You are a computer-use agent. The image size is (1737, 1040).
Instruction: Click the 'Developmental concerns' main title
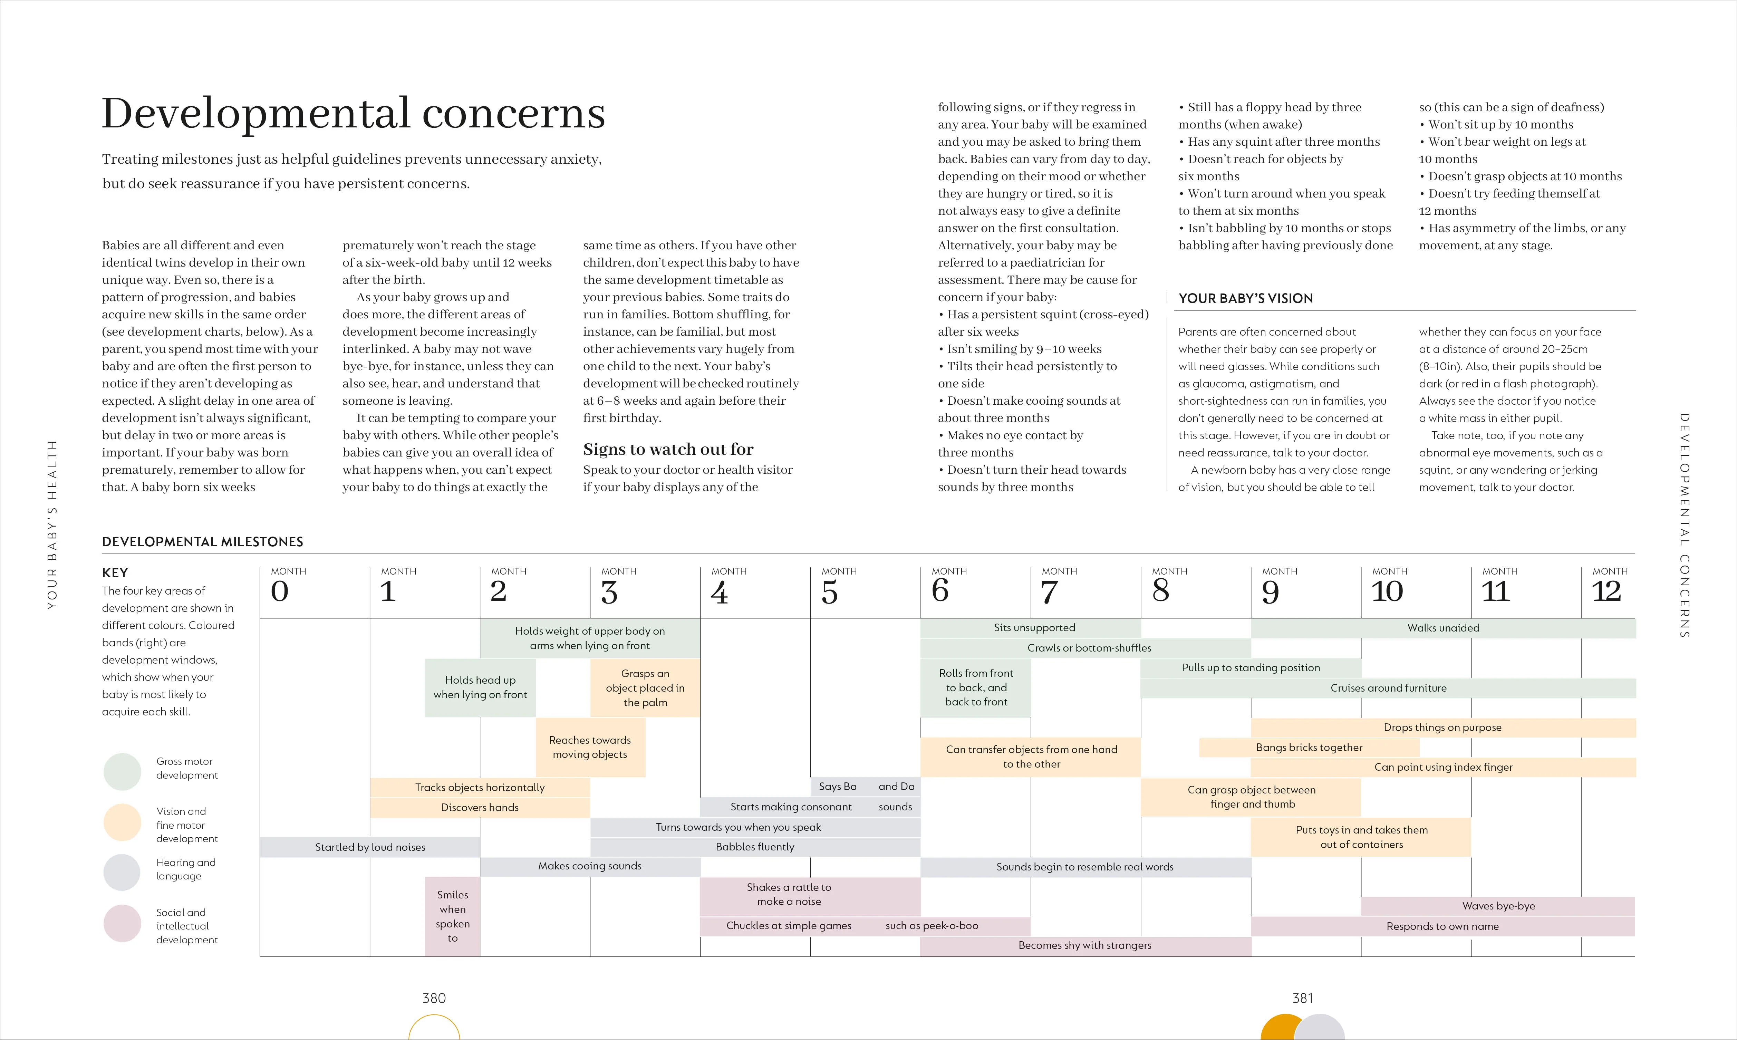pyautogui.click(x=353, y=114)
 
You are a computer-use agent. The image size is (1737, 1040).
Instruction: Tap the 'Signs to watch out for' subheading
pyautogui.click(x=668, y=449)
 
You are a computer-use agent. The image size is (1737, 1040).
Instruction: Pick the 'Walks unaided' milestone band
pyautogui.click(x=1444, y=628)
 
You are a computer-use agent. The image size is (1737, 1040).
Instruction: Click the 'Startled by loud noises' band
pyautogui.click(x=370, y=847)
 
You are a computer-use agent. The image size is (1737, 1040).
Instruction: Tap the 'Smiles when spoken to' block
pyautogui.click(x=453, y=916)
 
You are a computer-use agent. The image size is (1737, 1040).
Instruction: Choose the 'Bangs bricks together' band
pyautogui.click(x=1309, y=747)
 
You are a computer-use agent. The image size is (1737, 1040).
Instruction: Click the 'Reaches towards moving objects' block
pyautogui.click(x=590, y=747)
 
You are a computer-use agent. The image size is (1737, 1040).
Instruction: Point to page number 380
pyautogui.click(x=434, y=998)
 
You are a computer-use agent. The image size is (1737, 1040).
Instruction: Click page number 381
pyautogui.click(x=1303, y=998)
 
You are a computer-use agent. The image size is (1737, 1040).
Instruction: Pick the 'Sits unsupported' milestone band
pyautogui.click(x=1034, y=628)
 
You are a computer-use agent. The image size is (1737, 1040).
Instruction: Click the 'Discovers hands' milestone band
pyautogui.click(x=480, y=807)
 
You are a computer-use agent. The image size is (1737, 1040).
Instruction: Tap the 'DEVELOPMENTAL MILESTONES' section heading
pyautogui.click(x=203, y=542)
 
